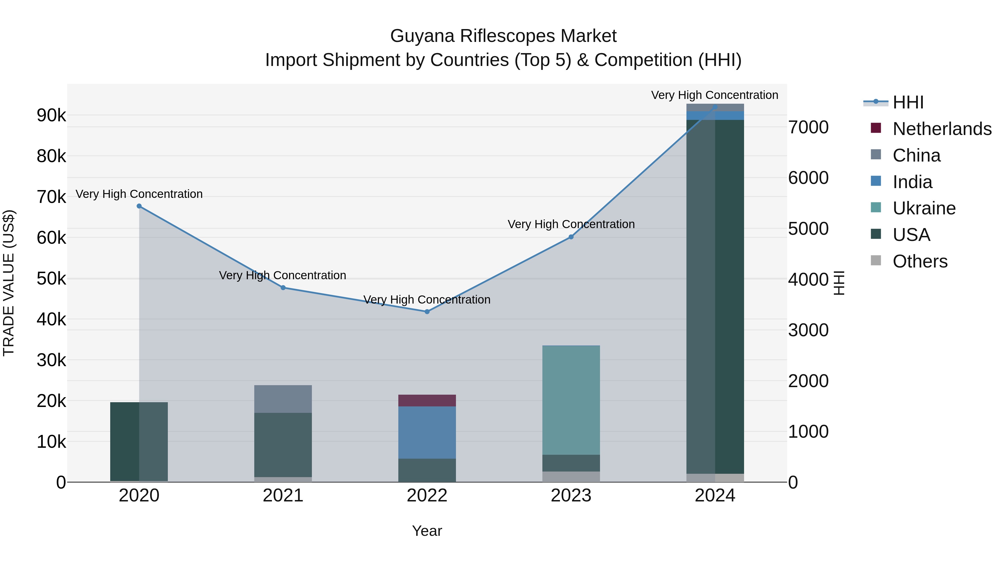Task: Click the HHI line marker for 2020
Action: [139, 206]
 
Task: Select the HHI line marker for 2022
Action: [427, 311]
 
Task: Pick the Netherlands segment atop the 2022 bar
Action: [427, 400]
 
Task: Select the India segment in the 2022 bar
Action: [427, 432]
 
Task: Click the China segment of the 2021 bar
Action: [283, 399]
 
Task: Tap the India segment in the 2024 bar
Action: [715, 116]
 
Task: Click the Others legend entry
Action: [920, 261]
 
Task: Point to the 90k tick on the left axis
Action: [51, 116]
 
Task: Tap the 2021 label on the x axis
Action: [283, 496]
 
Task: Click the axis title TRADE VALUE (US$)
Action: [9, 283]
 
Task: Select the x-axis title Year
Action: [427, 531]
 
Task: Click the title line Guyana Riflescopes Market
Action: [503, 36]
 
